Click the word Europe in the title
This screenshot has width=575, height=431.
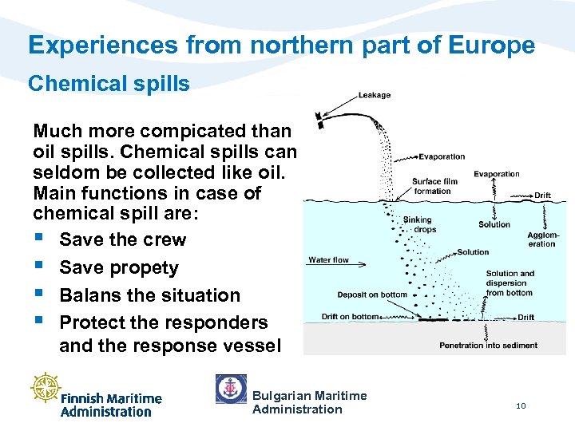coord(492,45)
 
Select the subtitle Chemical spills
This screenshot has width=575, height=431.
coord(109,84)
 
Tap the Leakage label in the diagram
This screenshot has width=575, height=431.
coord(375,95)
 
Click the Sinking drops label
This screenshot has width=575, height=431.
coord(417,224)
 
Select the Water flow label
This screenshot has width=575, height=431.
coord(329,259)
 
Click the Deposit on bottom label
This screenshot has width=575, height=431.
coord(371,295)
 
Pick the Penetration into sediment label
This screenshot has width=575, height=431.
coord(488,346)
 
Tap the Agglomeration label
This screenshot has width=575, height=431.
coord(542,239)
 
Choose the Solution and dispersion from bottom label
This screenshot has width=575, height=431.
coord(510,283)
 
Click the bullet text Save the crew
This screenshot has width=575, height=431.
coord(122,239)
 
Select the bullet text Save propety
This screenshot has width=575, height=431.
coord(119,267)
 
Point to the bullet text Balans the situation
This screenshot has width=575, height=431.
coord(149,295)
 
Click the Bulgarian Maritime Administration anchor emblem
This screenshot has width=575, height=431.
coord(231,389)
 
